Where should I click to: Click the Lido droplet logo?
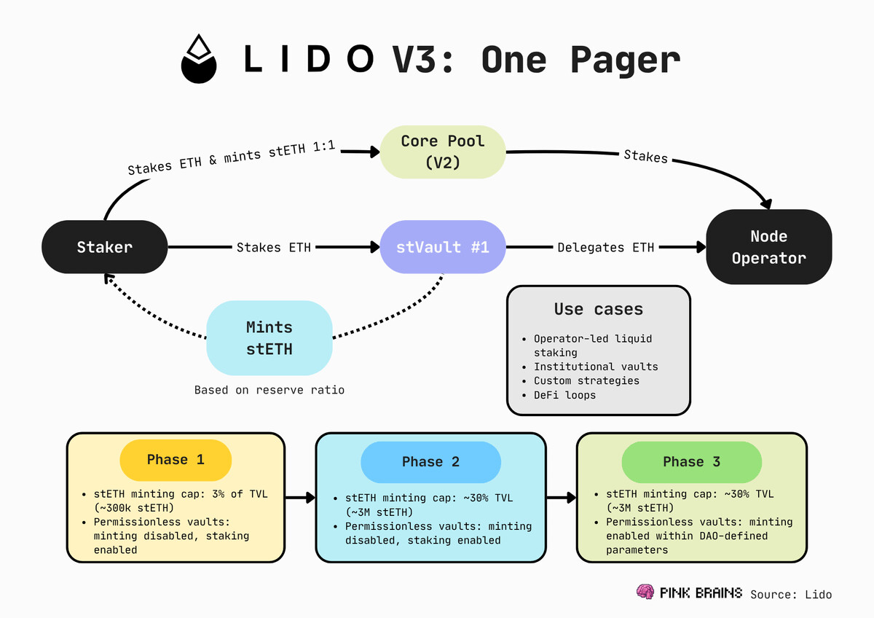pos(199,58)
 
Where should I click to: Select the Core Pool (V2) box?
pos(443,152)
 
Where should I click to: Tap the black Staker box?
pos(105,247)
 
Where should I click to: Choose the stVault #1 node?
pos(443,247)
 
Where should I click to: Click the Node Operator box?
pos(768,247)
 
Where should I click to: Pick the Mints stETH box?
pos(269,339)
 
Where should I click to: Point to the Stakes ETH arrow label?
pos(274,248)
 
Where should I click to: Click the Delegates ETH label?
pos(606,248)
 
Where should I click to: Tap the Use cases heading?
pos(598,309)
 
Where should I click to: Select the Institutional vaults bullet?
pos(596,367)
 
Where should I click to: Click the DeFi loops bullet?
pos(564,395)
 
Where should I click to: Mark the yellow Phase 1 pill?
pos(176,460)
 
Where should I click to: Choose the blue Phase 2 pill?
pos(430,462)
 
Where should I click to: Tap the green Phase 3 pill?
pos(692,462)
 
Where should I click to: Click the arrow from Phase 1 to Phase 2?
pos(299,498)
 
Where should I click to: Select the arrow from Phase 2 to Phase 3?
pos(561,498)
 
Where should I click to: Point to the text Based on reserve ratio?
pos(269,390)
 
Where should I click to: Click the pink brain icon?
pos(644,592)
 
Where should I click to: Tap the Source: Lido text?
pos(790,594)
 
